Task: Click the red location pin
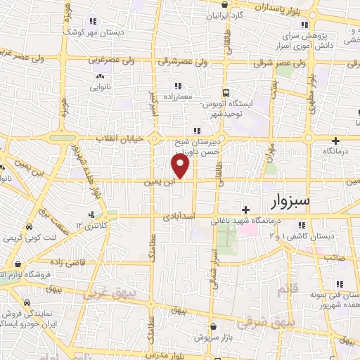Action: point(181,167)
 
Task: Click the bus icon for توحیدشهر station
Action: point(226,93)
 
